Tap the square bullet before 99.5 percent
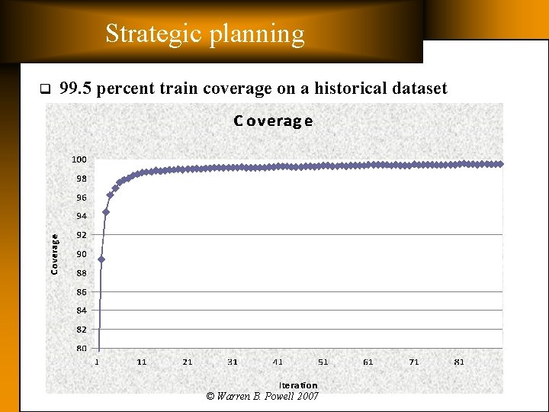pyautogui.click(x=43, y=89)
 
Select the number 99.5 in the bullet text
pyautogui.click(x=76, y=89)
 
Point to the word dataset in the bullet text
pyautogui.click(x=419, y=89)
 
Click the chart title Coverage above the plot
pyautogui.click(x=273, y=121)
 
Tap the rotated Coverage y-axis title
pyautogui.click(x=55, y=254)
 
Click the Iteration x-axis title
pyautogui.click(x=298, y=385)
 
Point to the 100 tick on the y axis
pyautogui.click(x=79, y=159)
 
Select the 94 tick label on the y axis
pyautogui.click(x=81, y=216)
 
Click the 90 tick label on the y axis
pyautogui.click(x=81, y=254)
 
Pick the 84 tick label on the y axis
pyautogui.click(x=81, y=311)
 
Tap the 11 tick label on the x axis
pyautogui.click(x=142, y=362)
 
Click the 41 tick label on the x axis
pyautogui.click(x=278, y=362)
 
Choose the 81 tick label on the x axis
pyautogui.click(x=459, y=362)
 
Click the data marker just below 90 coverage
pyautogui.click(x=101, y=259)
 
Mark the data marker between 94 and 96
pyautogui.click(x=106, y=211)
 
